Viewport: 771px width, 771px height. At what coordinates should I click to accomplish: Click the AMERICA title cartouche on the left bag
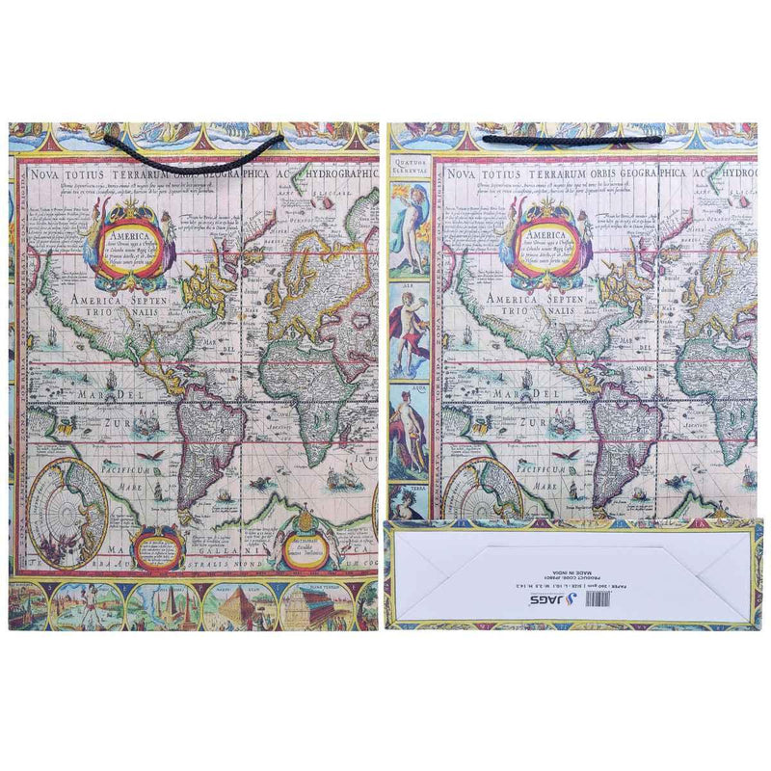click(130, 240)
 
